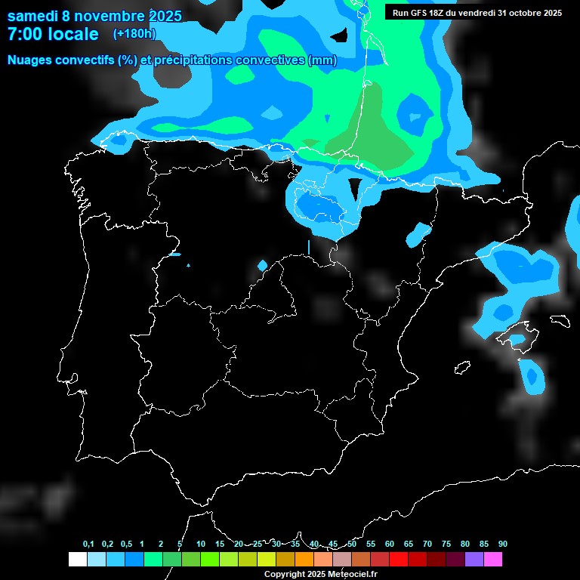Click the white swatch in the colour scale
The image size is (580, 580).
(78, 559)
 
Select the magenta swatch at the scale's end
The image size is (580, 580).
(493, 559)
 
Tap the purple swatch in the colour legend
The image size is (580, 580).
(474, 559)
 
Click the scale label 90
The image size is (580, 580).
(502, 545)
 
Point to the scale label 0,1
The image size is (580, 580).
(88, 545)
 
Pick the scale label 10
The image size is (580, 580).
(201, 545)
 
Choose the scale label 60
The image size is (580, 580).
(390, 545)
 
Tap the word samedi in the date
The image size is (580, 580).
(32, 16)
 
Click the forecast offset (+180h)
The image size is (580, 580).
(134, 34)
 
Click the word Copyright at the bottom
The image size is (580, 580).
(285, 574)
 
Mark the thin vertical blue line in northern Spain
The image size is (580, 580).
(309, 247)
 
